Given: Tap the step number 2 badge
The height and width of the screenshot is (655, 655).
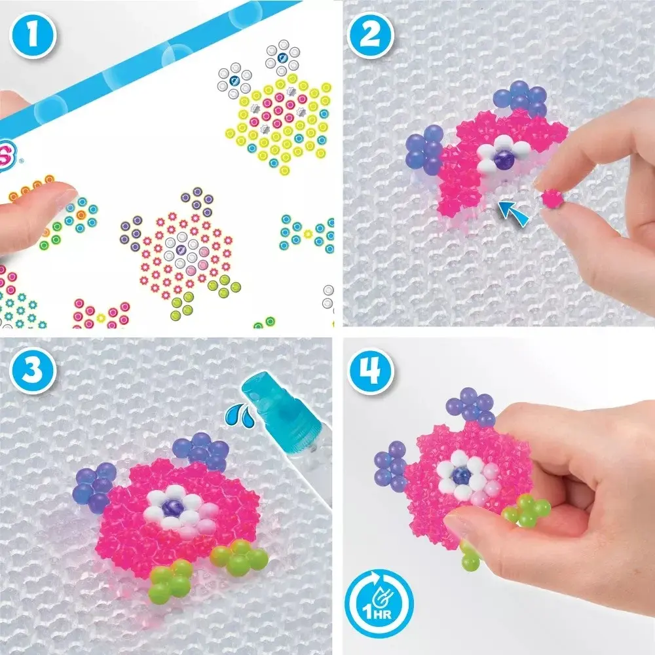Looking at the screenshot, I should click(371, 35).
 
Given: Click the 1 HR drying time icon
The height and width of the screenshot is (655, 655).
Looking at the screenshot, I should click(379, 604).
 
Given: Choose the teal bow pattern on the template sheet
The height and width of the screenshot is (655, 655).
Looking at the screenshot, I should click(309, 233).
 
